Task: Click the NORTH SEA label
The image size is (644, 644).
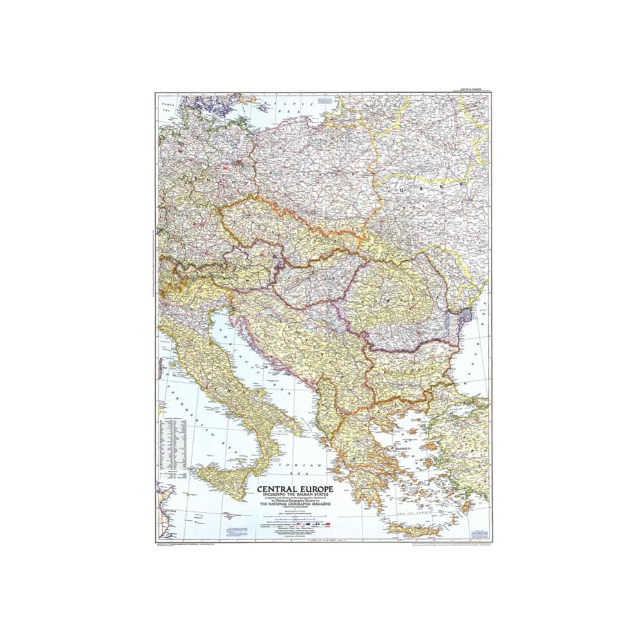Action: pos(169,106)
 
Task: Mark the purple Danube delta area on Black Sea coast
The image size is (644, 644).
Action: pos(468,315)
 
